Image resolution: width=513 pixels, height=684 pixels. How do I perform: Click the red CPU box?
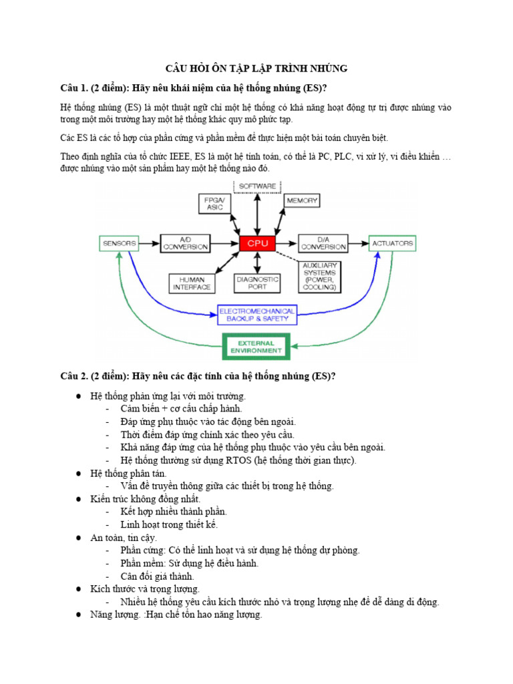tap(258, 243)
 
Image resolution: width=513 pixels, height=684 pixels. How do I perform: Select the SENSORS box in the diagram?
tap(119, 243)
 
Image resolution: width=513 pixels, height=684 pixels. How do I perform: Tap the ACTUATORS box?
tap(393, 243)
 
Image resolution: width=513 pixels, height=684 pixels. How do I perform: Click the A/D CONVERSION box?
tap(186, 243)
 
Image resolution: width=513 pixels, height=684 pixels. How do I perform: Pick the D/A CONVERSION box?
tap(323, 243)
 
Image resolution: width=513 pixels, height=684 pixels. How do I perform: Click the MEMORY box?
tap(302, 200)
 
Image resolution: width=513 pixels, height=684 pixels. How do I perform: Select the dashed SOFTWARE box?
tap(257, 184)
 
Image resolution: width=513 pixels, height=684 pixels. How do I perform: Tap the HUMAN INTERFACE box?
tap(192, 283)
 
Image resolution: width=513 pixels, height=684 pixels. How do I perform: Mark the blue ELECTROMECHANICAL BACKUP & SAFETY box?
tap(256, 315)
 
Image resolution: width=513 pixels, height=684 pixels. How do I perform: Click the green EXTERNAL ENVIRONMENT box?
tap(256, 346)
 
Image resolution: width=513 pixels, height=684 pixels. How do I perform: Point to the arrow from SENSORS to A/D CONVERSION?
tap(150, 243)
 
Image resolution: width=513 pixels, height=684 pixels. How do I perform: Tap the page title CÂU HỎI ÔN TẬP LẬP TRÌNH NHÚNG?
tap(256, 69)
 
